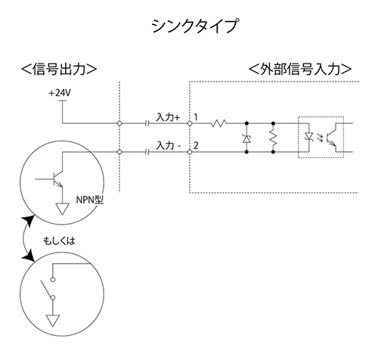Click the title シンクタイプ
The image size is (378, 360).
coord(194,26)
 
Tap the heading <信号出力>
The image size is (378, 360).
coord(59,69)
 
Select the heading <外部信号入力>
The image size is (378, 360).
coord(300,69)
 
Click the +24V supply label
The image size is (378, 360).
coord(60,93)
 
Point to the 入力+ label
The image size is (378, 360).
coord(168,117)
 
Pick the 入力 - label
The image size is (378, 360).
coord(168,146)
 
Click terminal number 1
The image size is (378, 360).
coord(196,117)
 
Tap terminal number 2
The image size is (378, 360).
coord(196,146)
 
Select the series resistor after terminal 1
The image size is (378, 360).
coord(218,123)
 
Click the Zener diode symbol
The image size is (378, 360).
coord(246,138)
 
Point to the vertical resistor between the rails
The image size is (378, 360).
coord(273,138)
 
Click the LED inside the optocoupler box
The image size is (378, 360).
coord(308,137)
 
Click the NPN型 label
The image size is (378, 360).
coord(90,200)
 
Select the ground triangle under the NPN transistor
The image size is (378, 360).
coord(62,209)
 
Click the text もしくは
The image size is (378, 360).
coord(60,241)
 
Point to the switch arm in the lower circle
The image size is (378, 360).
coord(46,289)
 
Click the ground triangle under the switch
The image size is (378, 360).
coord(53,321)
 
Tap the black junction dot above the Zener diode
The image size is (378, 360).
coord(246,123)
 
